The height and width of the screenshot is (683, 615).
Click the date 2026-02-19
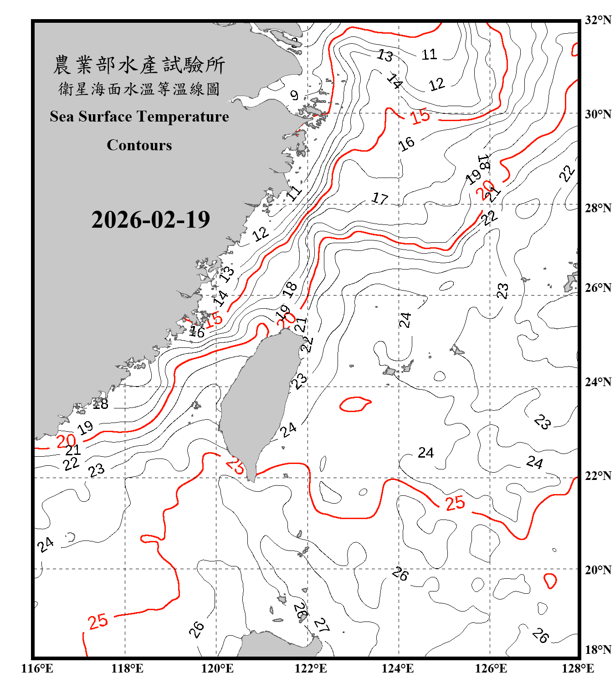(150, 220)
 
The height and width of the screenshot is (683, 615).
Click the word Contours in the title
(139, 145)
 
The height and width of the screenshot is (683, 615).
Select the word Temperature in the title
(183, 117)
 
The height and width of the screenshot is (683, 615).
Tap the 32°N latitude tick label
(598, 20)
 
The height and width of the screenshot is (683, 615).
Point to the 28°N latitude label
(598, 208)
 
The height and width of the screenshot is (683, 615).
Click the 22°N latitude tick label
(598, 476)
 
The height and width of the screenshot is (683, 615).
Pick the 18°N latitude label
(598, 650)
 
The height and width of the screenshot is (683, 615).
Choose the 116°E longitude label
(37, 668)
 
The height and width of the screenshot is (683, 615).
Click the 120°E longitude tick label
(217, 668)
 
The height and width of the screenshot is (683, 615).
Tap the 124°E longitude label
(398, 668)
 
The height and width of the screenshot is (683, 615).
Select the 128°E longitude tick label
(578, 668)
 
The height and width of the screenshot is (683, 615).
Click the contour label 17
(379, 199)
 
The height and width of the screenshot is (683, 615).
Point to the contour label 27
(322, 625)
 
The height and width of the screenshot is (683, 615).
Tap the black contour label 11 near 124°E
(429, 55)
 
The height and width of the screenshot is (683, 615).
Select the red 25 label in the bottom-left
(98, 621)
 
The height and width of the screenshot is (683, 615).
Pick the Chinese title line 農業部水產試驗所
(139, 65)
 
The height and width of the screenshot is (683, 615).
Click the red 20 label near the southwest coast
(66, 441)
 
